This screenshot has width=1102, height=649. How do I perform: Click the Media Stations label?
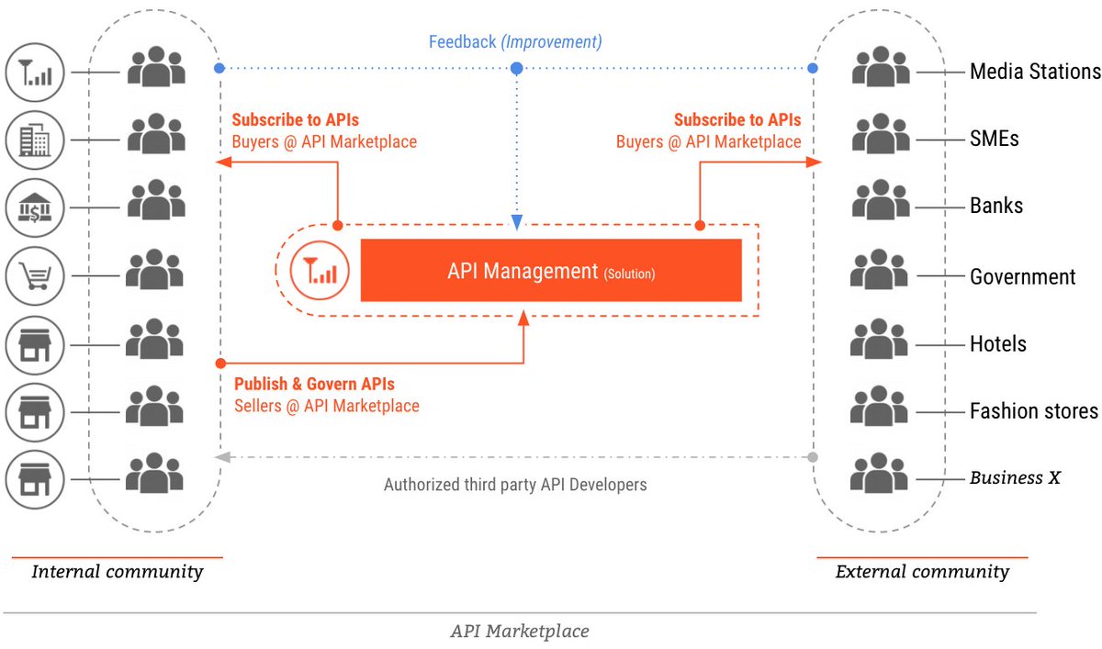[x=1034, y=72]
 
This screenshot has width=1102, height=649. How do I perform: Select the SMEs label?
[x=995, y=139]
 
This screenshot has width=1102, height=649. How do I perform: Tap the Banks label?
[x=996, y=206]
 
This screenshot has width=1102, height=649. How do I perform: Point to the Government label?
[x=1022, y=276]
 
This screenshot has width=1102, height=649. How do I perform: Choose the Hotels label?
[x=997, y=344]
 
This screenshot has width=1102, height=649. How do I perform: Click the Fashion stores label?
[x=1033, y=410]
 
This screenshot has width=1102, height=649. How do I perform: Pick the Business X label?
[x=1015, y=477]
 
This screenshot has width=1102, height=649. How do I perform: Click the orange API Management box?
[x=551, y=271]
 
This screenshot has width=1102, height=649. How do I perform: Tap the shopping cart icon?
[x=35, y=274]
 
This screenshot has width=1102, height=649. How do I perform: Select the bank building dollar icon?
[x=35, y=207]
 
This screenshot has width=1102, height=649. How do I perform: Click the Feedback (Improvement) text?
[x=515, y=42]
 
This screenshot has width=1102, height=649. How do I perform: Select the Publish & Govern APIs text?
[x=314, y=384]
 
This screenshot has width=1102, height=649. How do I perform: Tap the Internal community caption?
[x=117, y=572]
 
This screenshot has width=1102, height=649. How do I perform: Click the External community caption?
[x=921, y=572]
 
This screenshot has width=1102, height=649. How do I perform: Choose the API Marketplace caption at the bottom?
[x=520, y=631]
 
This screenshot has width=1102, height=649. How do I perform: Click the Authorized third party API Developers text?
[x=515, y=484]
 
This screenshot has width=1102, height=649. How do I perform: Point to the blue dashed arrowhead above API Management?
[x=516, y=222]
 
